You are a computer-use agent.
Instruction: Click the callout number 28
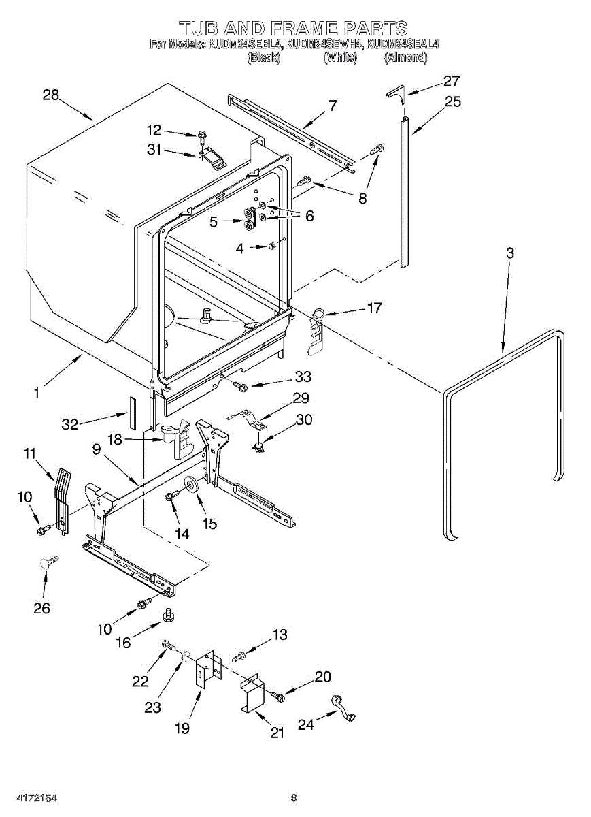tap(51, 95)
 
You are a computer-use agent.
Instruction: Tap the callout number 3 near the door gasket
tap(510, 253)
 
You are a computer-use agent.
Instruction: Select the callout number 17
tap(374, 308)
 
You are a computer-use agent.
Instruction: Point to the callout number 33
tap(303, 377)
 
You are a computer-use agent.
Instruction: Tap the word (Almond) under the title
tap(405, 57)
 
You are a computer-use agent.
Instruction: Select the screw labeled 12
tap(201, 138)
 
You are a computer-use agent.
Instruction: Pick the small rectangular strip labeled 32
tap(131, 412)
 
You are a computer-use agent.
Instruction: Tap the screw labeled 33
tap(239, 386)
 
